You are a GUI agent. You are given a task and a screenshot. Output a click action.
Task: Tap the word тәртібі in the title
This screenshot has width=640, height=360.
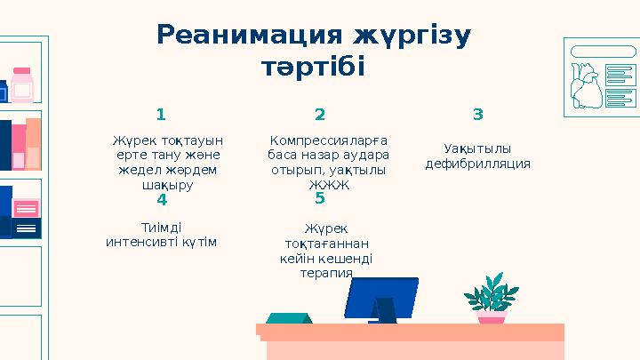click(313, 68)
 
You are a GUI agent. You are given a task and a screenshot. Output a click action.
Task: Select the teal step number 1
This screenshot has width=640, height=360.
click(161, 115)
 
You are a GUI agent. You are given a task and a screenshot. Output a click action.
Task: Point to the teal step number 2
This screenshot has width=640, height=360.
click(320, 115)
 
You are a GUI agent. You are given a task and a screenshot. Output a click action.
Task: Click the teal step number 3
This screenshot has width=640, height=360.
click(478, 115)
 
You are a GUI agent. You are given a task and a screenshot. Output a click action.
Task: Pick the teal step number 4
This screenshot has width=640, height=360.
click(161, 200)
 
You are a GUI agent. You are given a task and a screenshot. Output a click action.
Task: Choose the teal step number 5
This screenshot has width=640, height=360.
click(320, 200)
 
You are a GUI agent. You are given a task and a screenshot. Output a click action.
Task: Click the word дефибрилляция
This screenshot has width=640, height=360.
click(477, 164)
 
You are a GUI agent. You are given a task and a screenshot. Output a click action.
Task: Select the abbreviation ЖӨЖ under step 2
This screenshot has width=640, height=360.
click(328, 186)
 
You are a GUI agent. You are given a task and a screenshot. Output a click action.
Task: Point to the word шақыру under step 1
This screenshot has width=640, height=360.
click(167, 186)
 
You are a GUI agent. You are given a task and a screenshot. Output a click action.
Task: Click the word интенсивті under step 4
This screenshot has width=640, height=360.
click(143, 242)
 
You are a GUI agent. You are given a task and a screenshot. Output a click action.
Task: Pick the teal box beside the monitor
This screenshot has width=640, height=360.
click(284, 317)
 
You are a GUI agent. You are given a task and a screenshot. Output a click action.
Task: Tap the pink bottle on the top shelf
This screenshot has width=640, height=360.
click(22, 85)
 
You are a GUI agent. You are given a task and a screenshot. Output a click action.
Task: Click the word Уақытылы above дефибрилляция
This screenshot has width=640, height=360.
click(477, 148)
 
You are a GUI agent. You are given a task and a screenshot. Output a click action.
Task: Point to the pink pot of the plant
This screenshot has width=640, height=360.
click(491, 316)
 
